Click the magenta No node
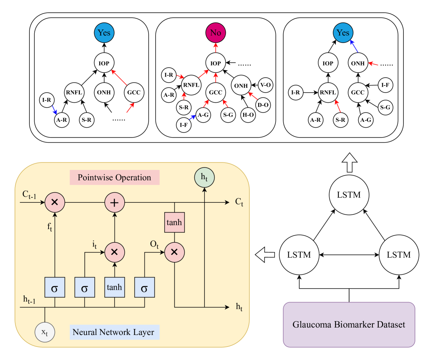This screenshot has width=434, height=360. coord(215,33)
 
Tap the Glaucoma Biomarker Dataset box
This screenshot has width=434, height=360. coord(349,325)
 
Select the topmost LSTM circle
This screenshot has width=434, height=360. coord(349,195)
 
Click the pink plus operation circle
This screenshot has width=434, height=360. coord(115,202)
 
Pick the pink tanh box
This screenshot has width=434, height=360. coord(174,223)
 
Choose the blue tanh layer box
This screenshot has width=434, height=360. coord(115,288)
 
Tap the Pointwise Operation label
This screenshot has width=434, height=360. coord(114,177)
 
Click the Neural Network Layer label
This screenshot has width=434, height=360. coord(115,332)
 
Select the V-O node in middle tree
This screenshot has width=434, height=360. coord(265,85)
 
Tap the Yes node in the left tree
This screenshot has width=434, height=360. coord(104,33)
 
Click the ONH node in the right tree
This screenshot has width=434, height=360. coord(358,63)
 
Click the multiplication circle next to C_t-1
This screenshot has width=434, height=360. coord(55,202)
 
